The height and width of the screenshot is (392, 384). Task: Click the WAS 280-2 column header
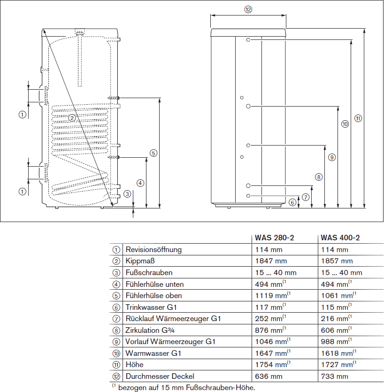274,238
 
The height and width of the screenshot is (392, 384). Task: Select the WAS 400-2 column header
340,238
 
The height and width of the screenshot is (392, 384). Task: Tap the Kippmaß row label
138,261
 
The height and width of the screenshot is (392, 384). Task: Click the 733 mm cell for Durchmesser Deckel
335,376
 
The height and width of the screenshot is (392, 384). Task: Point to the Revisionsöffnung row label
153,250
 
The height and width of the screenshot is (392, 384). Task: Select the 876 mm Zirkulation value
270,330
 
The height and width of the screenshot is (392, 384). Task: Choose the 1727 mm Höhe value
337,365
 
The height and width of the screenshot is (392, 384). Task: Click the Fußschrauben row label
149,273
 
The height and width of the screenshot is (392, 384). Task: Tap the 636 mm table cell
269,376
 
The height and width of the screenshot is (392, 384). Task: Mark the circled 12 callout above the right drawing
248,9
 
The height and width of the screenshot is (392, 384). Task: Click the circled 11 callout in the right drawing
358,118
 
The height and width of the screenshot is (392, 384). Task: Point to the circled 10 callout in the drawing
345,124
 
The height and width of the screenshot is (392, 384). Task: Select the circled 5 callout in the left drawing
153,153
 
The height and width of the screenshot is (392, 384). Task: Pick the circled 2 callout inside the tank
72,118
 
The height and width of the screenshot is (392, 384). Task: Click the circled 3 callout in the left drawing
127,193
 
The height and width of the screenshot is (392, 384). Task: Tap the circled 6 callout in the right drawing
292,202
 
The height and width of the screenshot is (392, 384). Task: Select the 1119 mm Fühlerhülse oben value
272,296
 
